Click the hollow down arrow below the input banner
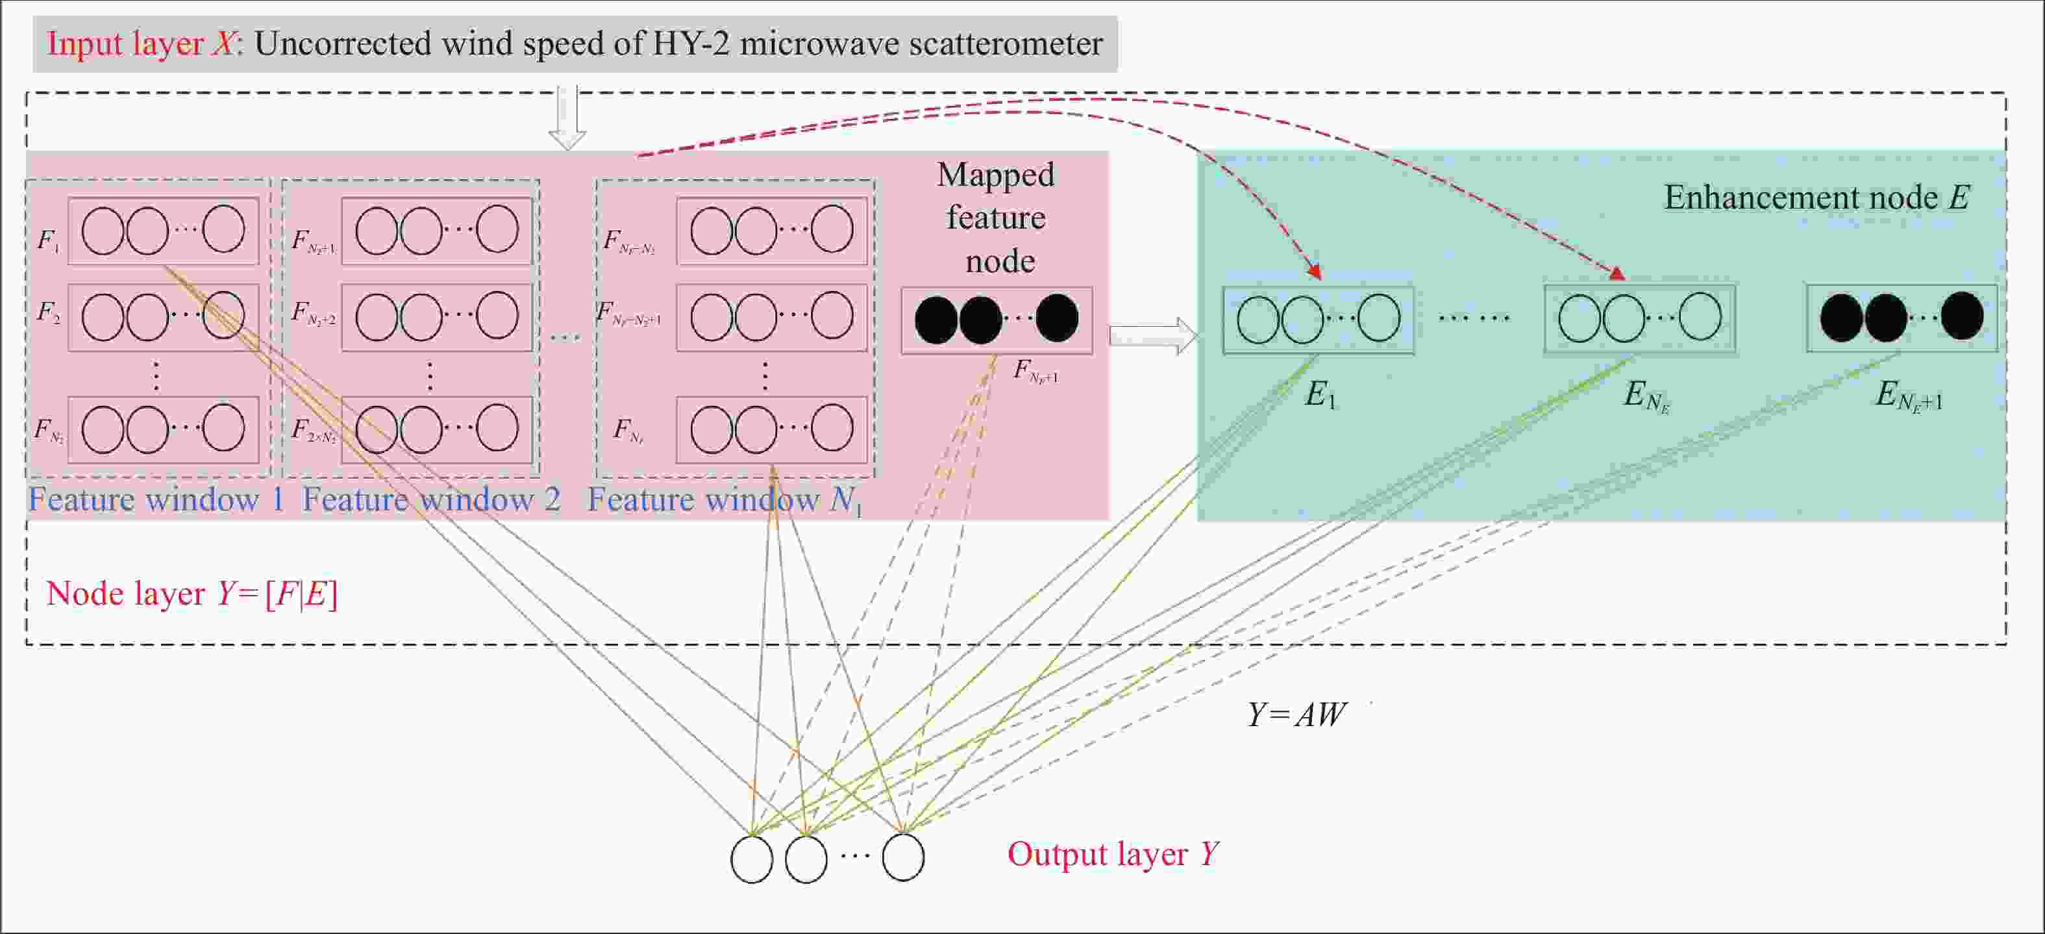[567, 119]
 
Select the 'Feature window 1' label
[156, 499]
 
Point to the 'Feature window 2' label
[431, 499]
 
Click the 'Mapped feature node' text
[997, 218]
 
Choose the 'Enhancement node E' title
[1816, 197]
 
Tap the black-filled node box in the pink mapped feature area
[997, 320]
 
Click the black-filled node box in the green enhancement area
[1902, 318]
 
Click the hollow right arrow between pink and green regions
[1153, 335]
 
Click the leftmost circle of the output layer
[751, 859]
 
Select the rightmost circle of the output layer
[902, 857]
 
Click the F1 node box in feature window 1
[164, 231]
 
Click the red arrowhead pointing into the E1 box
[1315, 271]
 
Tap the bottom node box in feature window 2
[437, 429]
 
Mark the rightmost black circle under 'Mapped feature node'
[1057, 318]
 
